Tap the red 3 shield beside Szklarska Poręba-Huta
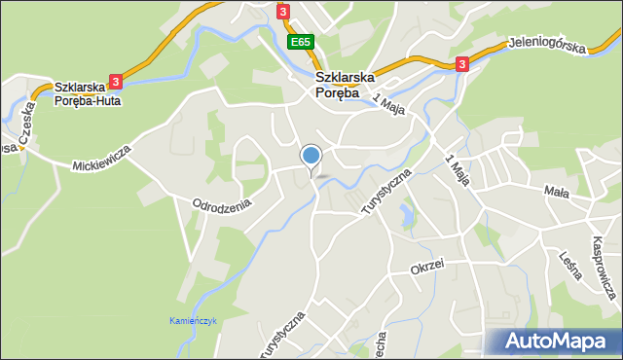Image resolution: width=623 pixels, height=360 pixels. [x=116, y=82]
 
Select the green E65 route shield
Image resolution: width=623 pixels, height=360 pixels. [x=300, y=42]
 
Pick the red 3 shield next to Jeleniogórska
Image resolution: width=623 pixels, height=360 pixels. [x=461, y=64]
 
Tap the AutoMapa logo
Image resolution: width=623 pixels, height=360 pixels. [x=553, y=342]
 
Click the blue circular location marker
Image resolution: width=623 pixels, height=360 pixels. [x=311, y=156]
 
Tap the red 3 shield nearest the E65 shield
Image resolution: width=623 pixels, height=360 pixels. [x=283, y=11]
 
